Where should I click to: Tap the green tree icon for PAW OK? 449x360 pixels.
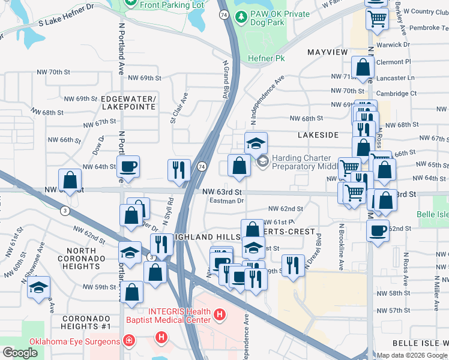pos(241,17)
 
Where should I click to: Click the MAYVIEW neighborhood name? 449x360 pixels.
pos(327,52)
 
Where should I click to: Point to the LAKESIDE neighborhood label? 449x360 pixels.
pos(318,136)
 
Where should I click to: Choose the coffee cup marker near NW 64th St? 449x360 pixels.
pos(128,166)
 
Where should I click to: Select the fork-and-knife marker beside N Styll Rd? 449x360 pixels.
pos(179,170)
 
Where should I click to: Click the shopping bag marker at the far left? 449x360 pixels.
pos(70,179)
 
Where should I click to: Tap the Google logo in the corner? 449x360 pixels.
pos(20,353)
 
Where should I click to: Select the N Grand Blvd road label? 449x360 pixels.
pos(227,78)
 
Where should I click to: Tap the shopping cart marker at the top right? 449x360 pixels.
pos(377,18)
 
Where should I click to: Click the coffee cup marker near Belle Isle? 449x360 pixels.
pos(378,230)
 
